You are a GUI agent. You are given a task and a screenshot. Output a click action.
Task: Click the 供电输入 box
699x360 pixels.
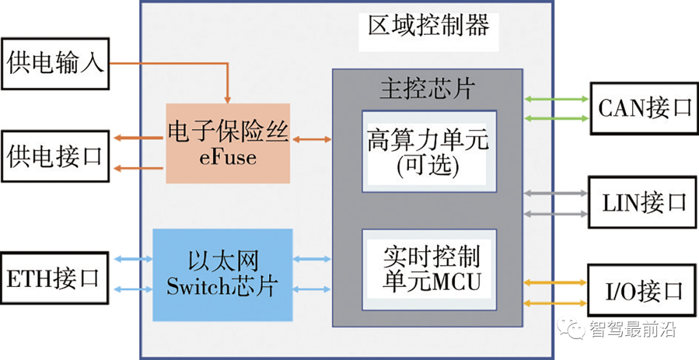click(x=55, y=64)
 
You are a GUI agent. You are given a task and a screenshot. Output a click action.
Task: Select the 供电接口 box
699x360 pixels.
click(x=55, y=156)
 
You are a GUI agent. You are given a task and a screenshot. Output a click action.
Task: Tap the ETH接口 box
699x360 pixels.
click(x=54, y=278)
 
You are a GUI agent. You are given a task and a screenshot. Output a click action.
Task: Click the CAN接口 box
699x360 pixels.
click(x=644, y=108)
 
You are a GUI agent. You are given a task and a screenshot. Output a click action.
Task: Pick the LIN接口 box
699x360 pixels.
click(x=643, y=203)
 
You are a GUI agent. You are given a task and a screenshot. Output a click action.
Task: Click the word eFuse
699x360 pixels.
click(x=228, y=158)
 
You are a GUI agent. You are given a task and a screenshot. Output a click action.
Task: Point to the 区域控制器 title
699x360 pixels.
click(x=429, y=26)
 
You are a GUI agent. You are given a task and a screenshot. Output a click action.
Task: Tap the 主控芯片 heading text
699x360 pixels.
click(x=427, y=89)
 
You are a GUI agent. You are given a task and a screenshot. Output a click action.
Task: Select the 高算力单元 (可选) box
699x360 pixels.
click(x=429, y=152)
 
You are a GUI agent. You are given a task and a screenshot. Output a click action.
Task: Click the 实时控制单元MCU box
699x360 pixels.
click(x=429, y=270)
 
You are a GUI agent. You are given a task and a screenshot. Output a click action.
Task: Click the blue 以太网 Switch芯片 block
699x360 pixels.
click(x=223, y=275)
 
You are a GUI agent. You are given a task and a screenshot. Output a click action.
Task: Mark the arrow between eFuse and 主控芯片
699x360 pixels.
click(x=312, y=140)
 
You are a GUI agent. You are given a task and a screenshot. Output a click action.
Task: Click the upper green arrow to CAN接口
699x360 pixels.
click(x=557, y=99)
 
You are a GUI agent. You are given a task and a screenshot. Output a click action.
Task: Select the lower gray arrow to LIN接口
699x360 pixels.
click(x=557, y=214)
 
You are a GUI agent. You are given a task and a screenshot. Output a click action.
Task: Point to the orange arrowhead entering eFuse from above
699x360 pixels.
click(x=228, y=100)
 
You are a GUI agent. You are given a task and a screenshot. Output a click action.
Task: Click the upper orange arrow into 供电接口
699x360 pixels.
click(x=138, y=139)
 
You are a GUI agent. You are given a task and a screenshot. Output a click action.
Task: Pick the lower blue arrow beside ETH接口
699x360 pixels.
click(x=133, y=289)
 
